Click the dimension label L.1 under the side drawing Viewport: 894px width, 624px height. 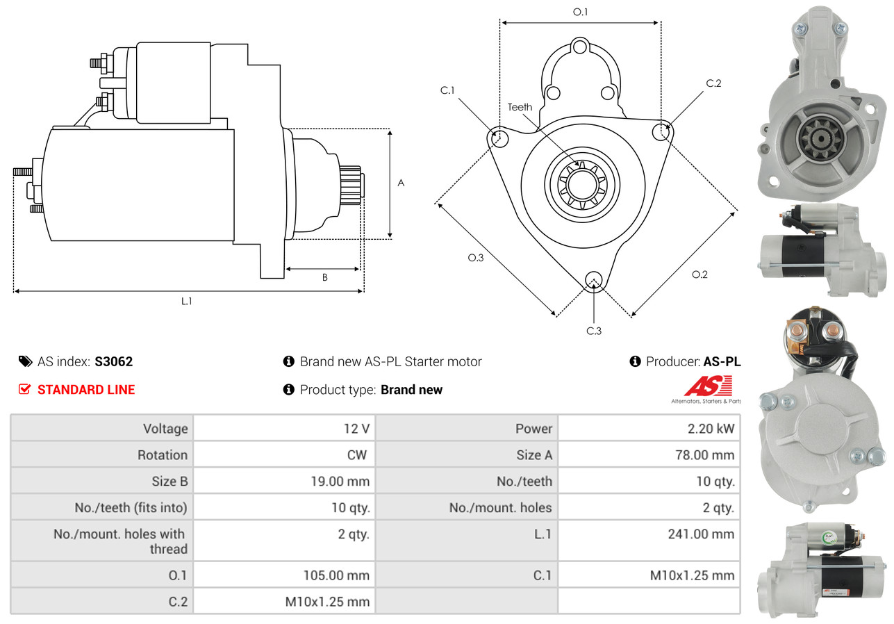[x=187, y=301]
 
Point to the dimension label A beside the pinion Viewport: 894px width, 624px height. [x=401, y=183]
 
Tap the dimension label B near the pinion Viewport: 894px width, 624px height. [x=325, y=277]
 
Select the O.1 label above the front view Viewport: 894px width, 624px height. [x=580, y=12]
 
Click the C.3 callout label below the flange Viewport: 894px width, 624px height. [x=594, y=331]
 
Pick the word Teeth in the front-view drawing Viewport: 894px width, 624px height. [x=520, y=107]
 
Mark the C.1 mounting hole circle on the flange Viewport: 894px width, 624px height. [x=499, y=138]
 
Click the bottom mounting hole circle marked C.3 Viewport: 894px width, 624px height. [x=594, y=280]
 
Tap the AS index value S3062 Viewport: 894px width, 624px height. [x=113, y=361]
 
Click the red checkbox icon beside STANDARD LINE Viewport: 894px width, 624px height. [x=25, y=389]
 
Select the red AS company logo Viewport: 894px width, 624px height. [x=709, y=386]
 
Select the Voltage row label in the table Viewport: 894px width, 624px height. [x=165, y=429]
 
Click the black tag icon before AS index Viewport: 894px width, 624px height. [x=26, y=361]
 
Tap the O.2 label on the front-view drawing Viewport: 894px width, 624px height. [x=700, y=274]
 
